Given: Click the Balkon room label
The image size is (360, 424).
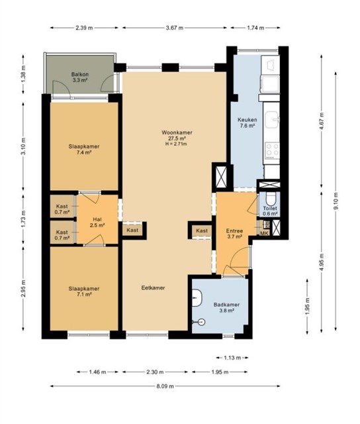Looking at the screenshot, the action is point(80,74).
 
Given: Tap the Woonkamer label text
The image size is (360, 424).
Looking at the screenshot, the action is point(177,132).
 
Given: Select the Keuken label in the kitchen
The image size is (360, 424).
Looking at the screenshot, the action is point(247,119).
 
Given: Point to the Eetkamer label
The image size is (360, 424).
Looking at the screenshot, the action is point(153,288).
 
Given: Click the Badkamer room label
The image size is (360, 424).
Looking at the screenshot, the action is point(226,305).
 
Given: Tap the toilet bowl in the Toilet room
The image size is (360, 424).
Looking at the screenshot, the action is point(270,199).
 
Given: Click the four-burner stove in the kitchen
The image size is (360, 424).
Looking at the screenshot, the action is point(272,151).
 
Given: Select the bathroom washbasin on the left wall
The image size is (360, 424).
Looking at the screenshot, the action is point(197,298).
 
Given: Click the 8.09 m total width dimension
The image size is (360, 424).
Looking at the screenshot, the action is point(165,386).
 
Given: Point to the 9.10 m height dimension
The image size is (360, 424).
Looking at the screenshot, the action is point(336,201).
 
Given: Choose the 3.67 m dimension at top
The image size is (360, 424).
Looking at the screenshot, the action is point(175,28).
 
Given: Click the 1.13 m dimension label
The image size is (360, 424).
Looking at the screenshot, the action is point(232,358).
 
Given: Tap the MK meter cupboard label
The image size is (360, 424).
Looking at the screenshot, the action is point(264,233).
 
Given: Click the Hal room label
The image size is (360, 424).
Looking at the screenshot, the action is point(97,219).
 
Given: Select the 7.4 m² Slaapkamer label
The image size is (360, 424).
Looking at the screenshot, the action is point(84,149).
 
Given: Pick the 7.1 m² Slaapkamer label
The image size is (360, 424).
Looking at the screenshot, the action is point(84,291).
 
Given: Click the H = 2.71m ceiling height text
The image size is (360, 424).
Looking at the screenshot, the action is point(176,144).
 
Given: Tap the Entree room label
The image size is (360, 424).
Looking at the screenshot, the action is point(234,231).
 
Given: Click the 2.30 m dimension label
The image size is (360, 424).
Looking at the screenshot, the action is point(155,372).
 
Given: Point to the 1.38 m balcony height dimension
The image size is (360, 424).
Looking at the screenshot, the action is point(23,74).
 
